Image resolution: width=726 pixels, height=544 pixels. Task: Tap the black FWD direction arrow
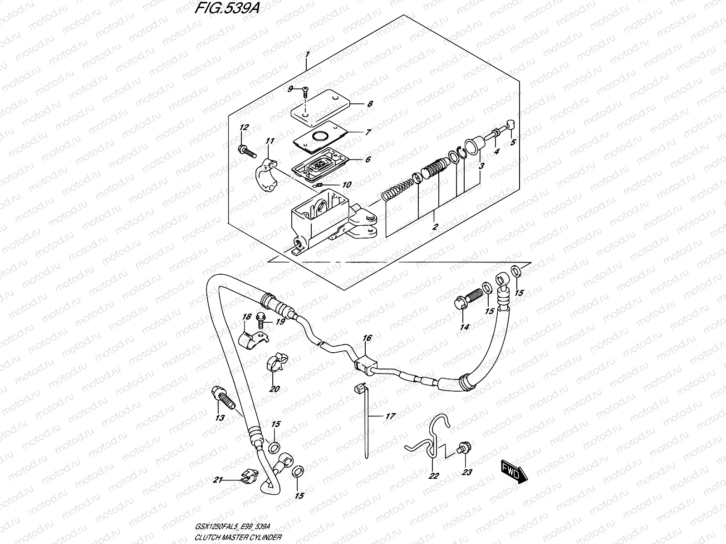click(x=513, y=472)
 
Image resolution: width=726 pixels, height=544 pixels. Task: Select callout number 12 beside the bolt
click(x=244, y=128)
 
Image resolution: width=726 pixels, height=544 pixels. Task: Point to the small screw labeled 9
click(x=305, y=92)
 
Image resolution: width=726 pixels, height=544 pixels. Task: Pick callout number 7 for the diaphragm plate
click(x=368, y=132)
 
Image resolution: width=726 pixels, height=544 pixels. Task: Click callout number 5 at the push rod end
click(x=513, y=142)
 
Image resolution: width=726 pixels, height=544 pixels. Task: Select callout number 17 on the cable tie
click(x=390, y=416)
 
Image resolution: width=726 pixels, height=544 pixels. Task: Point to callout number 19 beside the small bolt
click(x=280, y=322)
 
